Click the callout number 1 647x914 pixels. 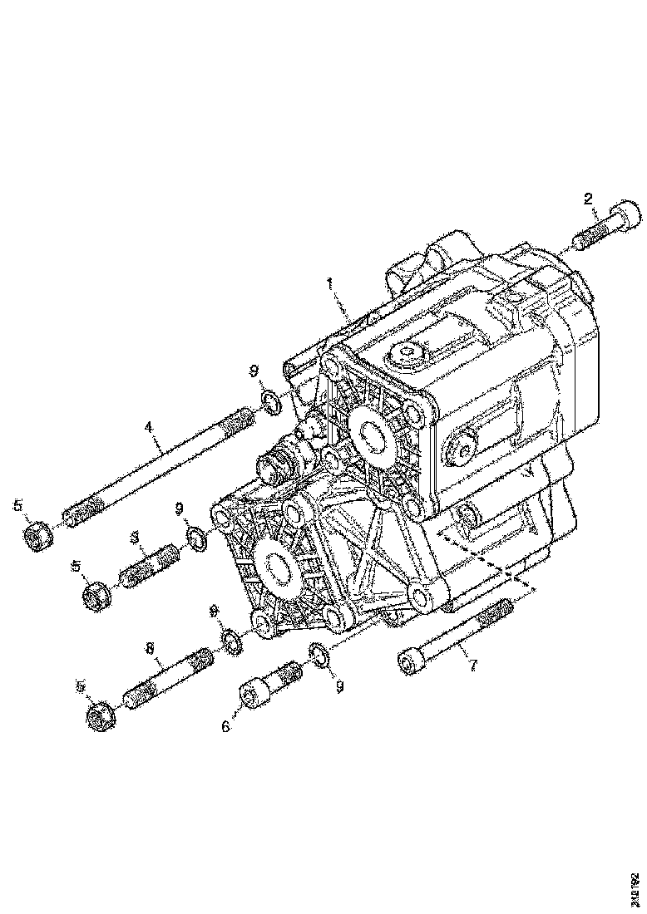(x=331, y=284)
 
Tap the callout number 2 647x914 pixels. (x=588, y=199)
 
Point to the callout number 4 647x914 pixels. (x=149, y=426)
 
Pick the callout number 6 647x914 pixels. (x=225, y=725)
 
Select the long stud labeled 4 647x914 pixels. (x=158, y=471)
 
